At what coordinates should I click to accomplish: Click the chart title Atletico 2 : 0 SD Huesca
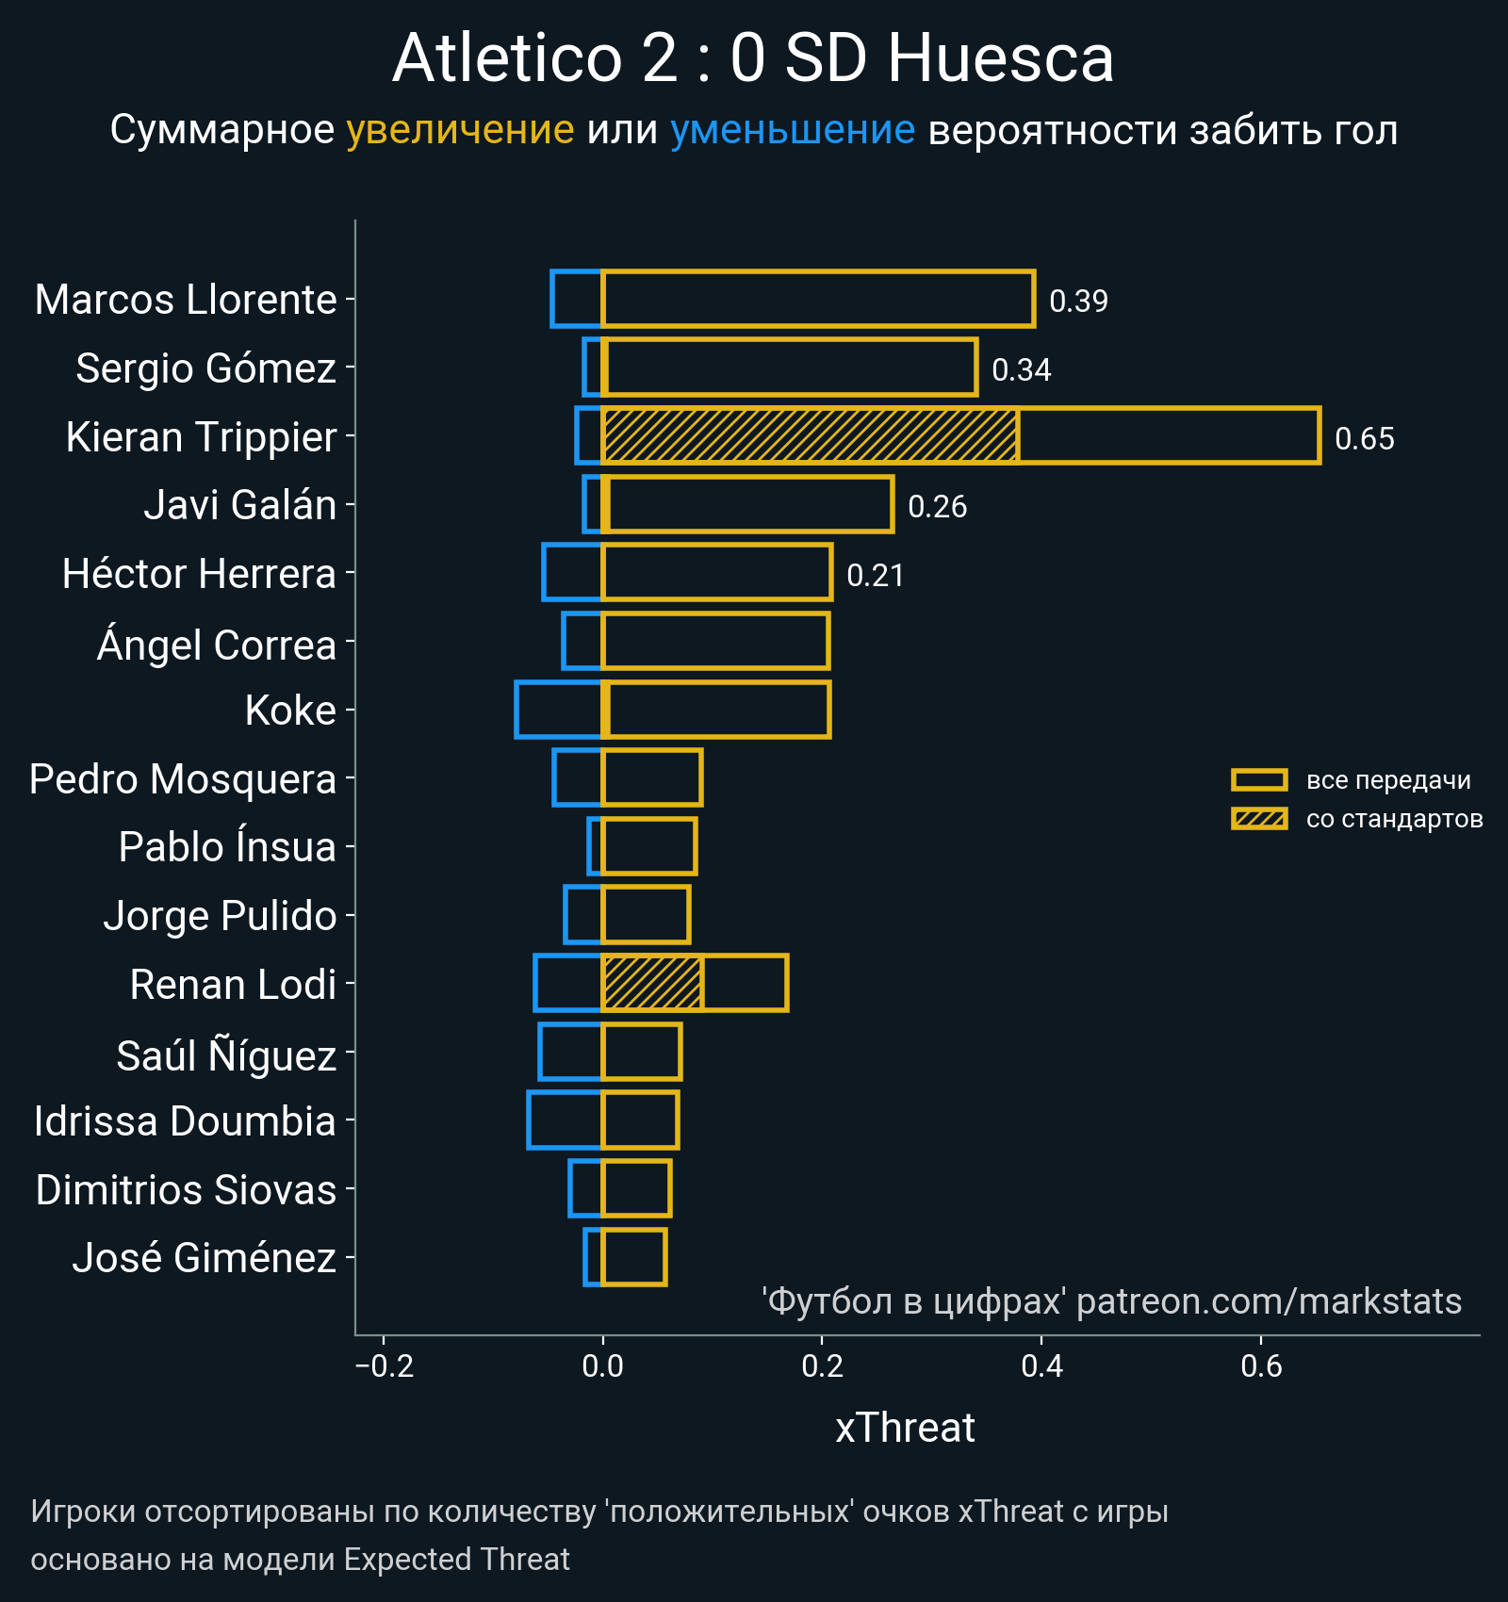(x=753, y=58)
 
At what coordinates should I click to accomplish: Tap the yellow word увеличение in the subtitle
(x=460, y=130)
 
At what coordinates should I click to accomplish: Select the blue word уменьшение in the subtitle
(x=792, y=130)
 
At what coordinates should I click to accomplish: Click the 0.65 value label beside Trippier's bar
(x=1364, y=438)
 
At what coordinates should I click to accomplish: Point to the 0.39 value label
(x=1078, y=301)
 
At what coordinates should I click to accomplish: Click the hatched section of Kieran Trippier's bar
(x=810, y=435)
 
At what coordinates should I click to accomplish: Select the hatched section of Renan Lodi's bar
(x=652, y=983)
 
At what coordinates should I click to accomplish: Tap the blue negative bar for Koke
(x=559, y=710)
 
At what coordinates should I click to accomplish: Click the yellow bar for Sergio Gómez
(x=790, y=367)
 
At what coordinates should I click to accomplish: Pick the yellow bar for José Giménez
(x=634, y=1257)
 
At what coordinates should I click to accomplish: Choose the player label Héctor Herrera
(x=199, y=573)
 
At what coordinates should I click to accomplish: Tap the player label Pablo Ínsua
(x=227, y=846)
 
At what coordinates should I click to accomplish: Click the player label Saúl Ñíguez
(x=226, y=1055)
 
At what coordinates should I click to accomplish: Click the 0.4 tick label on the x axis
(x=1041, y=1365)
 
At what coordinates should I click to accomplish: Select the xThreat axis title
(x=905, y=1428)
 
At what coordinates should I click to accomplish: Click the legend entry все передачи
(x=1387, y=780)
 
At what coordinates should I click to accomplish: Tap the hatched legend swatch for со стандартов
(x=1259, y=819)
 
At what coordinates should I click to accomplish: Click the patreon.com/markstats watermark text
(x=1269, y=1301)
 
